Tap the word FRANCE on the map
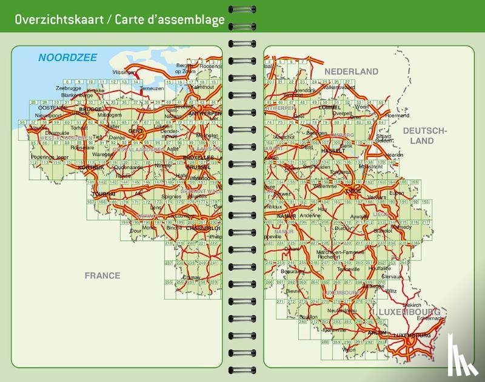[x=102, y=275]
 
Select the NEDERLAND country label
[x=351, y=71]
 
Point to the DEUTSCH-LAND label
[x=424, y=136]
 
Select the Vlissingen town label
[x=124, y=72]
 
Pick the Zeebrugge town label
[x=68, y=88]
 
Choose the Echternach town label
[x=430, y=318]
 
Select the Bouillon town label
[x=309, y=317]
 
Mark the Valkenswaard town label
[x=338, y=87]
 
